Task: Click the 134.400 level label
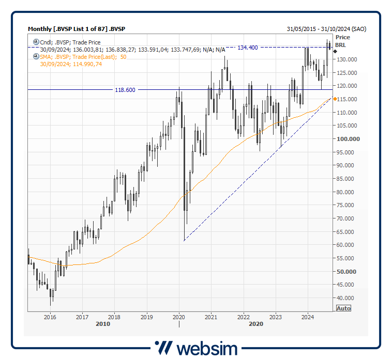pyautogui.click(x=247, y=48)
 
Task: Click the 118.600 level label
pyautogui.click(x=125, y=90)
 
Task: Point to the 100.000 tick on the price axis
pyautogui.click(x=347, y=139)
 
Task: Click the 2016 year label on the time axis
pyautogui.click(x=50, y=317)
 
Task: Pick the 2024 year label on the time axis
pyautogui.click(x=308, y=317)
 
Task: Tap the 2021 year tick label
pyautogui.click(x=211, y=317)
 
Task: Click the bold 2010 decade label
pyautogui.click(x=103, y=324)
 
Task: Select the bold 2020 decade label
pyautogui.click(x=256, y=324)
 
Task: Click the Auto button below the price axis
pyautogui.click(x=343, y=308)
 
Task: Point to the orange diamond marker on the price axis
pyautogui.click(x=335, y=99)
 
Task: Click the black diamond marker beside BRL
pyautogui.click(x=335, y=51)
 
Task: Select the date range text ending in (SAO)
pyautogui.click(x=326, y=29)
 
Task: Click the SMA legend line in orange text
pyautogui.click(x=83, y=57)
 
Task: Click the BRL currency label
pyautogui.click(x=340, y=45)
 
